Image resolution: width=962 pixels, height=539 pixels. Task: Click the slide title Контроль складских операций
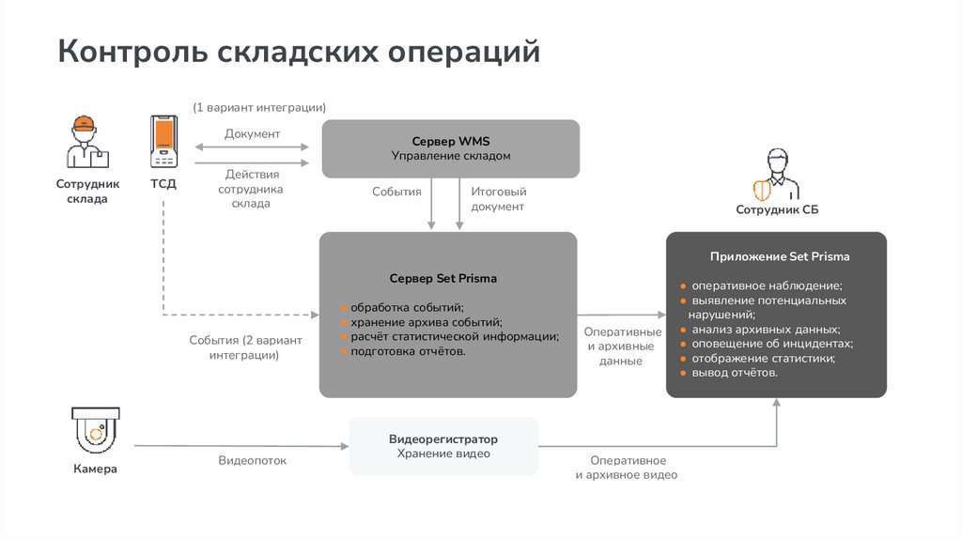[x=298, y=53]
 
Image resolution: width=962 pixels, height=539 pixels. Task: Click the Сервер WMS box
[x=450, y=148]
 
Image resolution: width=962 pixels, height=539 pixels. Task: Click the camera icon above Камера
[x=95, y=431]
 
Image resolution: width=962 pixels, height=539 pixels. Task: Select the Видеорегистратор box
[x=443, y=446]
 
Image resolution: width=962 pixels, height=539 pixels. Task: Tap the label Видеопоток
[x=252, y=461]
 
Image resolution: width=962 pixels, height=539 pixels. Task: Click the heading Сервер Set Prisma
[x=443, y=279]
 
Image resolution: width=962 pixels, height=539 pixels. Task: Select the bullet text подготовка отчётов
[x=408, y=351]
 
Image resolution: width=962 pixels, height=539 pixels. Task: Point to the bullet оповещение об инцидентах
[x=766, y=344]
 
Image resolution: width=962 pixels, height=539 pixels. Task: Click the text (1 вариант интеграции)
[x=259, y=108]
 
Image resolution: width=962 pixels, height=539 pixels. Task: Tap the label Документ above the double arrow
[x=252, y=134]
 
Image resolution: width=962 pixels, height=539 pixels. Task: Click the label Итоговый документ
[x=497, y=198]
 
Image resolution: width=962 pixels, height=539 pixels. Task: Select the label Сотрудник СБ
[x=777, y=210]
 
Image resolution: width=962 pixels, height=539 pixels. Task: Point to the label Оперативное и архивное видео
[x=627, y=468]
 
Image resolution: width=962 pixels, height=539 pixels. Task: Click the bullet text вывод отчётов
[x=735, y=373]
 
